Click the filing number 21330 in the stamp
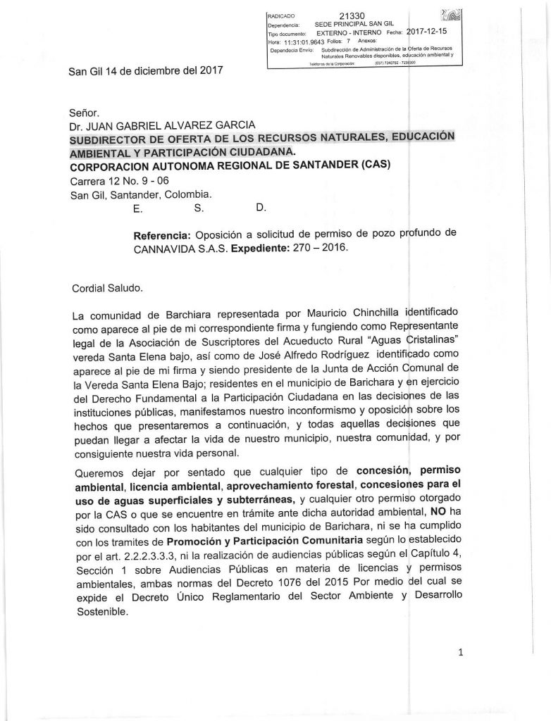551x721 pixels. [x=351, y=15]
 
